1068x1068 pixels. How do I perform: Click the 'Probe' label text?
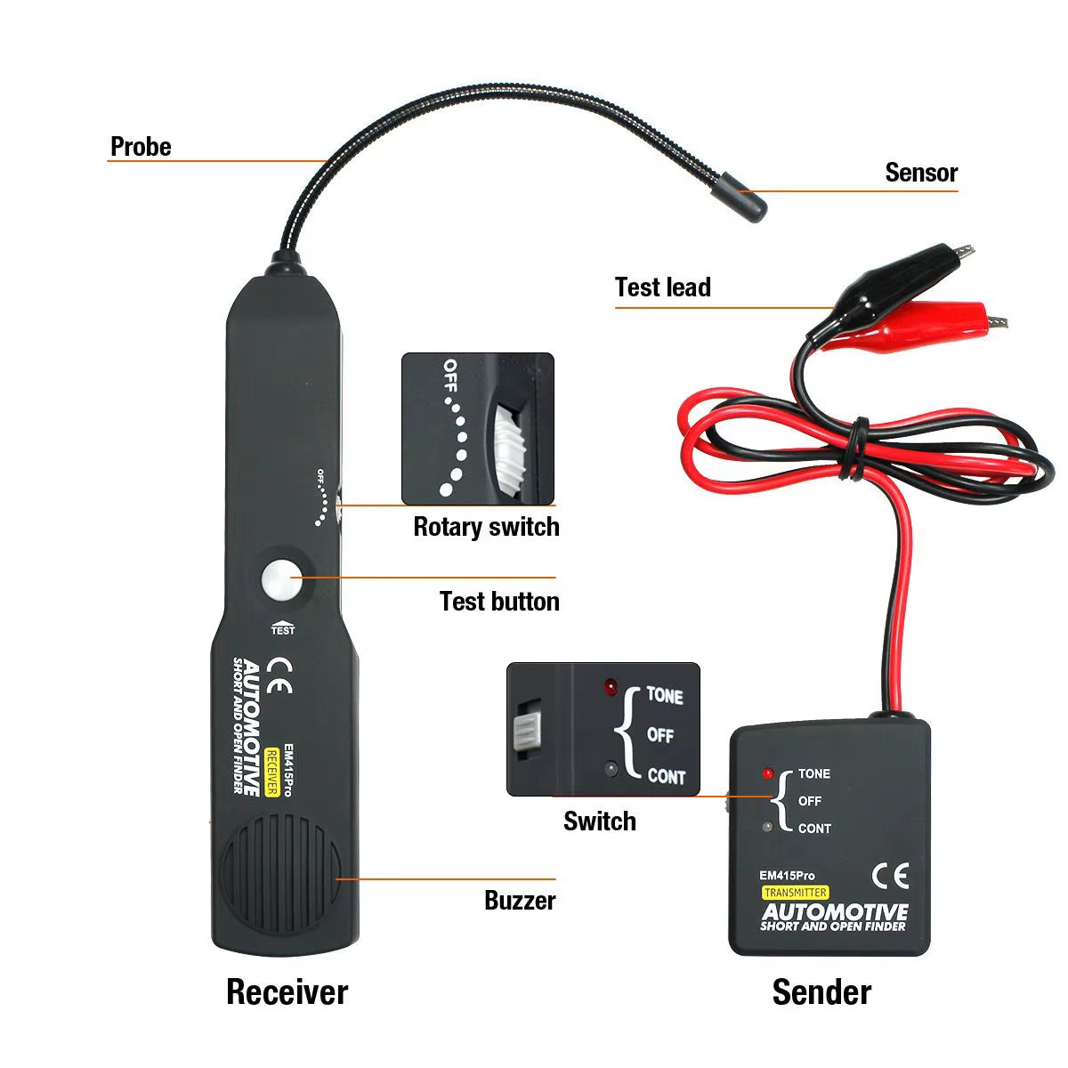pos(141,147)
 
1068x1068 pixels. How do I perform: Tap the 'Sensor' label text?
pos(921,173)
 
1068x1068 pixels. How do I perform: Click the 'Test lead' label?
pos(663,287)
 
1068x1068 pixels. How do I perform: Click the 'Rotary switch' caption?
pos(486,527)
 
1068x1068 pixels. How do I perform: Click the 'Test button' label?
pos(499,602)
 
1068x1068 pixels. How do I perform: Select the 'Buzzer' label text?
pos(520,901)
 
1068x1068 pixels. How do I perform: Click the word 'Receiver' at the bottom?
pos(287,991)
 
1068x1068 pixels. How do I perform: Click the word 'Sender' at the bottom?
pos(821,991)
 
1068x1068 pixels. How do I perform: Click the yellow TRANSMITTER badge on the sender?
pos(795,893)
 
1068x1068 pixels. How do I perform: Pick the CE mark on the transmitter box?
pos(890,876)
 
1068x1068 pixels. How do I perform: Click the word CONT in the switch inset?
pos(666,776)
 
